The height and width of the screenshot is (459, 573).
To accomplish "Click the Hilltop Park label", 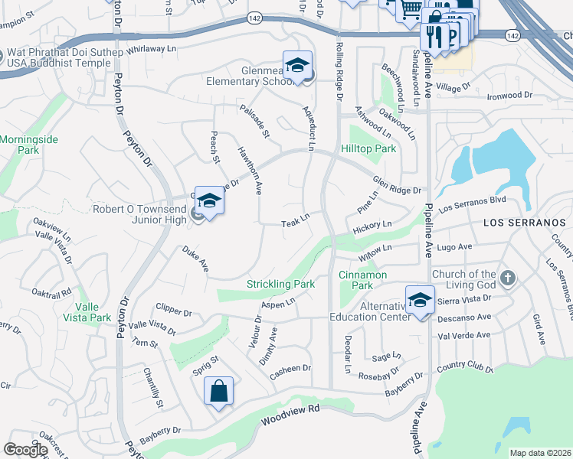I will [x=368, y=149].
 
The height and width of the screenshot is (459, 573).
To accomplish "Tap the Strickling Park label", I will [x=280, y=284].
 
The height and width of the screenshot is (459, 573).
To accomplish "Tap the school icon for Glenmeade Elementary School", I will [x=297, y=66].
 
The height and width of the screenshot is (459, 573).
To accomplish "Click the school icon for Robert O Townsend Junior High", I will [x=208, y=201].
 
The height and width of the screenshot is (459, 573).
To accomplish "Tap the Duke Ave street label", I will [x=195, y=259].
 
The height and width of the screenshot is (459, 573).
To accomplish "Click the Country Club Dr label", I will [x=465, y=369].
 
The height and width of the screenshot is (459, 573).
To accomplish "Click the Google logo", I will [x=25, y=450].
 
